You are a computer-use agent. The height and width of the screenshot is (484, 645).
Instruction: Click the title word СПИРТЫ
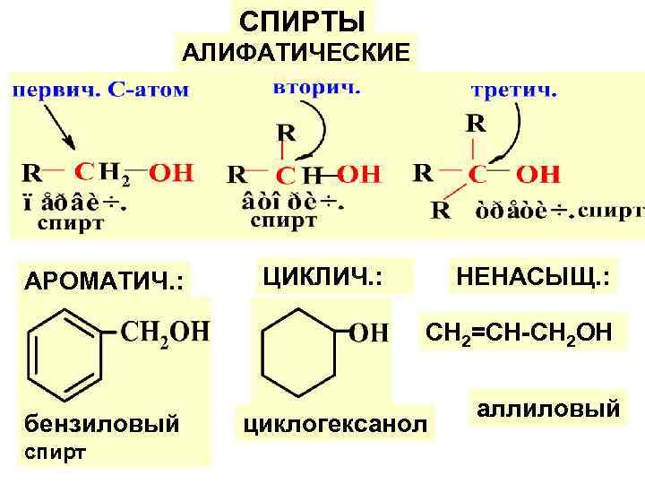coord(303,20)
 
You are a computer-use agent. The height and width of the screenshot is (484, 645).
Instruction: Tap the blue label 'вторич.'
coord(316,88)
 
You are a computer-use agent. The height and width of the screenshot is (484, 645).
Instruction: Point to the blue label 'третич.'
coord(514,91)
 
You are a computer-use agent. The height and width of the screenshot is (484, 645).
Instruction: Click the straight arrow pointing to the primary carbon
coord(56,126)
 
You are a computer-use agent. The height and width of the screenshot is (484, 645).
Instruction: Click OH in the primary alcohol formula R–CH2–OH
coord(169,170)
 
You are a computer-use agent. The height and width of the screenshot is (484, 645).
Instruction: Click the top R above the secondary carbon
coord(284,133)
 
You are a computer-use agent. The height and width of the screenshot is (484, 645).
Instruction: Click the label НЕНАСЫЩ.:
coord(533,275)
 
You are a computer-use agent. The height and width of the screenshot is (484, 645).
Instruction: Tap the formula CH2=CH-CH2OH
coord(519,333)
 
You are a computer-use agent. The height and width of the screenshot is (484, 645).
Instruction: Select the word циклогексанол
coord(331,421)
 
